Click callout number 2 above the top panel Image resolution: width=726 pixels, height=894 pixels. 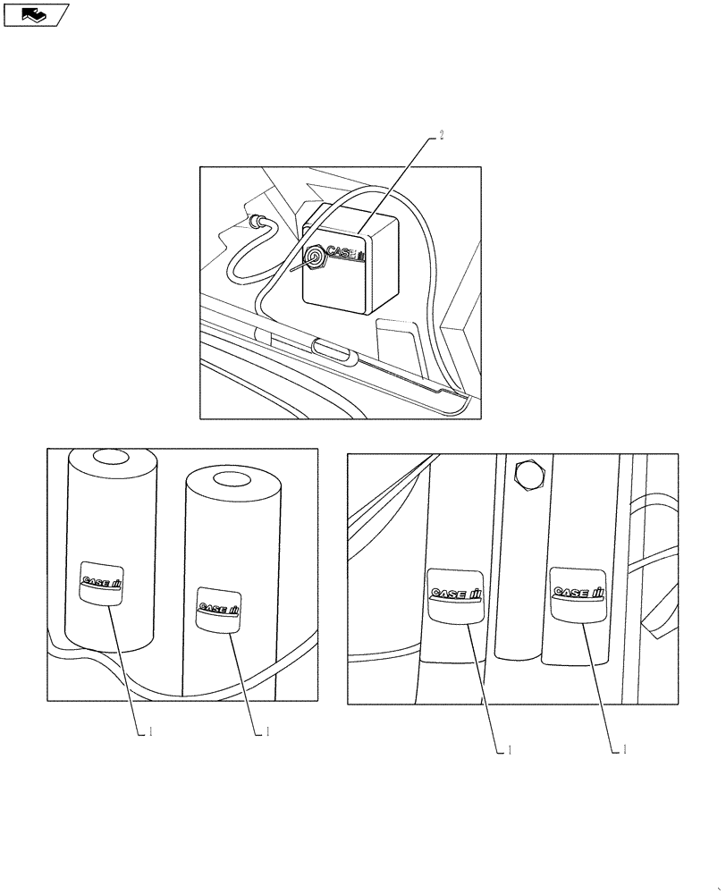(x=441, y=137)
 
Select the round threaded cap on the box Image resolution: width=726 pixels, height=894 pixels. (x=315, y=259)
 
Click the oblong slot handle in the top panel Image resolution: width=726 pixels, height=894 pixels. (x=333, y=347)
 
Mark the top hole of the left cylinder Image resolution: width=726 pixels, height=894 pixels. (x=112, y=457)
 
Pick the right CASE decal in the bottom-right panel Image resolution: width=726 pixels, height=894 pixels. (x=578, y=593)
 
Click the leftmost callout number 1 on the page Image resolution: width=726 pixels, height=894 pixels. (x=151, y=731)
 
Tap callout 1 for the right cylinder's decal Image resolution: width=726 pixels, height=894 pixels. (x=266, y=731)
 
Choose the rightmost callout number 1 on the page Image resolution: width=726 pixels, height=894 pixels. (x=624, y=750)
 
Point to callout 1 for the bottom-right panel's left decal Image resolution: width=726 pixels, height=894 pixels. (x=508, y=750)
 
